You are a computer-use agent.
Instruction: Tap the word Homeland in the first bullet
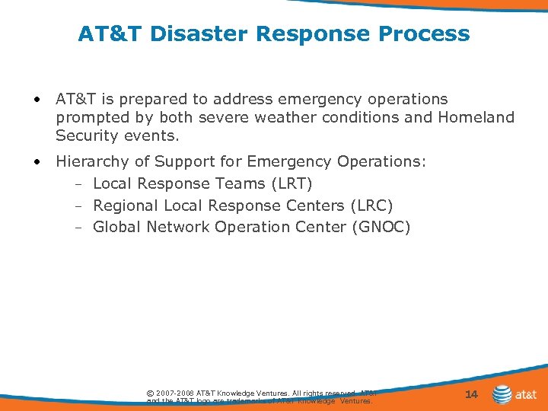pyautogui.click(x=476, y=117)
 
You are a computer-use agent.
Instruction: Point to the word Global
pyautogui.click(x=117, y=227)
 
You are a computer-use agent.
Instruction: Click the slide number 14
pyautogui.click(x=471, y=394)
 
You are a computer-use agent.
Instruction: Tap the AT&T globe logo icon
pyautogui.click(x=502, y=394)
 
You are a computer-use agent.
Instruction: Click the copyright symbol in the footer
pyautogui.click(x=150, y=393)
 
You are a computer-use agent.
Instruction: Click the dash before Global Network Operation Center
pyautogui.click(x=79, y=228)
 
